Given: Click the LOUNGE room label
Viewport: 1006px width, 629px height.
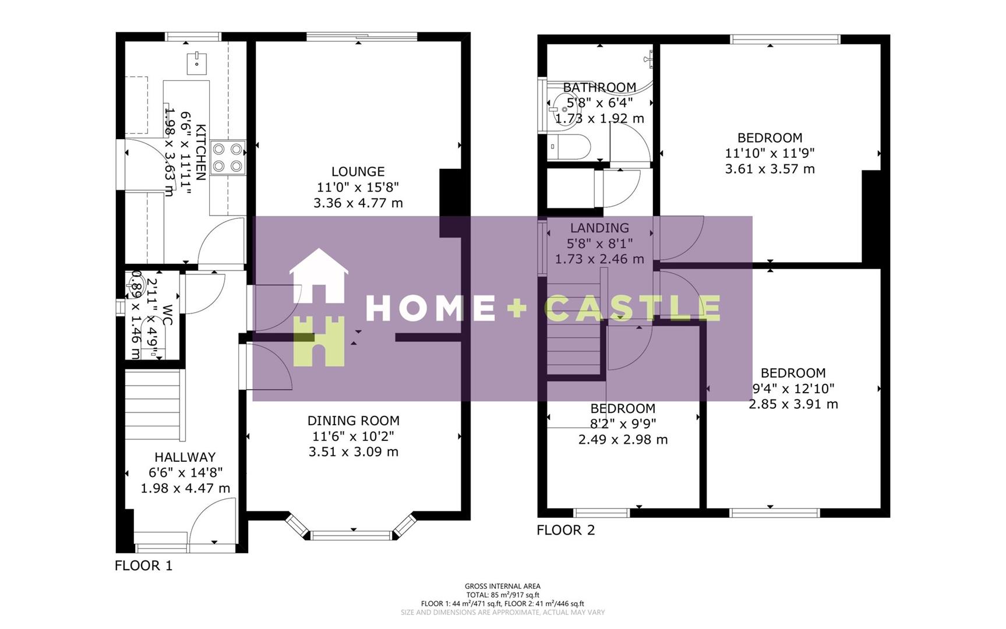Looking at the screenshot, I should click(x=358, y=172).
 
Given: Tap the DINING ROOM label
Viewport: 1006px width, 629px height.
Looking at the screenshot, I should click(x=353, y=420).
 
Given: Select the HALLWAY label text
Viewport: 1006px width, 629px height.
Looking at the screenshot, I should click(x=185, y=457).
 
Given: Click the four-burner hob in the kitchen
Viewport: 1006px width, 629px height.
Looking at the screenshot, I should click(x=227, y=157).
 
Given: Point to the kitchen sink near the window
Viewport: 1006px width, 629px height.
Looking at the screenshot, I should click(x=197, y=63).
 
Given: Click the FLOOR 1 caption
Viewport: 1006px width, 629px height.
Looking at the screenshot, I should click(x=143, y=566).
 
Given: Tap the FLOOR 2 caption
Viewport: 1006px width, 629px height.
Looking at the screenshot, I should click(x=566, y=530).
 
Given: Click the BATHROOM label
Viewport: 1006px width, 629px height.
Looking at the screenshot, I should click(x=599, y=88).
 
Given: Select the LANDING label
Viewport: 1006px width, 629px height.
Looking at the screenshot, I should click(x=599, y=228).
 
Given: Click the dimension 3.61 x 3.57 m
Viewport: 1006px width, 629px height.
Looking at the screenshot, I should click(x=769, y=169).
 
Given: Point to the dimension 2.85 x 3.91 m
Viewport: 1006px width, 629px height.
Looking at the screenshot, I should click(x=793, y=404).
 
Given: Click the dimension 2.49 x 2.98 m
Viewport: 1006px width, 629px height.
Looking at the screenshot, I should click(x=623, y=440).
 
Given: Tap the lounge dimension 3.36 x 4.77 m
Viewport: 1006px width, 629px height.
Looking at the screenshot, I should click(x=358, y=203).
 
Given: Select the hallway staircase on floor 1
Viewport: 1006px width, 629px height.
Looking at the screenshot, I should click(x=154, y=406).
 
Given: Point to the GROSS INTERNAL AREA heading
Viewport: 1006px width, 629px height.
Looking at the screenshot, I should click(x=502, y=586).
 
